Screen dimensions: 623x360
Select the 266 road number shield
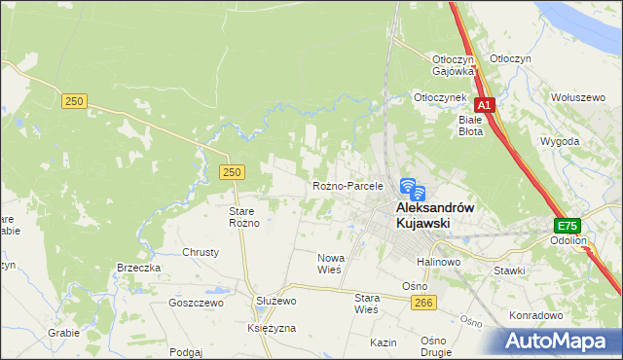point(422,304)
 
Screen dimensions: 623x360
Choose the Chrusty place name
point(201,251)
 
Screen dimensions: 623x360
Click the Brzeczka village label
point(138,268)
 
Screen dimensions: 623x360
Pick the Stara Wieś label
point(365,304)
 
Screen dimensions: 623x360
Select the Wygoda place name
point(560,141)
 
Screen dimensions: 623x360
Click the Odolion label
point(568,239)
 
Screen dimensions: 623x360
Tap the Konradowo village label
point(537,315)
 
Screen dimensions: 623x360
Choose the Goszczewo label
point(196,303)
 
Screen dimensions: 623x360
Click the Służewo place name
point(275,302)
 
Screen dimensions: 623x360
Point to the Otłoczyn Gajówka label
point(453,64)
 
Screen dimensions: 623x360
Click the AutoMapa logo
point(559,342)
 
